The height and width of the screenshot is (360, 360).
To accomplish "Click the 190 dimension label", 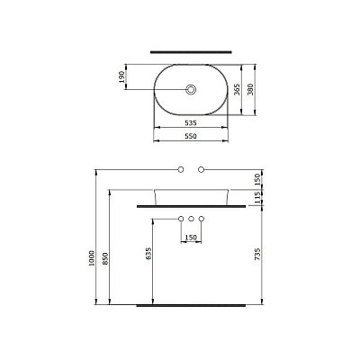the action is point(121,76).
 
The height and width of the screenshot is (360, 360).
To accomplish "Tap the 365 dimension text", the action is point(237,90).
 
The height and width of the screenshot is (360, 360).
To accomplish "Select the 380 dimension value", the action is point(250,89).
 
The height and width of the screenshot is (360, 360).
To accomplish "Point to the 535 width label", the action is point(191,123).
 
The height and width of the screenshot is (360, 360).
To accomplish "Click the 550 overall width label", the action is point(191,136).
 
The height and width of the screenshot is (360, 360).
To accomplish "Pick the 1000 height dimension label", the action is point(92,258).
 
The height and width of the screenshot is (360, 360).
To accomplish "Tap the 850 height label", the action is point(105,258).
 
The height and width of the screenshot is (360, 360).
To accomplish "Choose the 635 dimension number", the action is point(148,254).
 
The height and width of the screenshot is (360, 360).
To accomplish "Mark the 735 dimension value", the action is point(257,254).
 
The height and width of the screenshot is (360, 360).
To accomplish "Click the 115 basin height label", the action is point(257,198).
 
